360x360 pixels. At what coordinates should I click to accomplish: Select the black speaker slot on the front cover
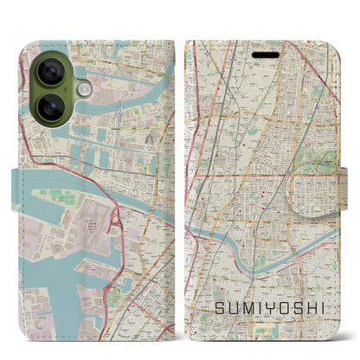click(267, 55)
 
